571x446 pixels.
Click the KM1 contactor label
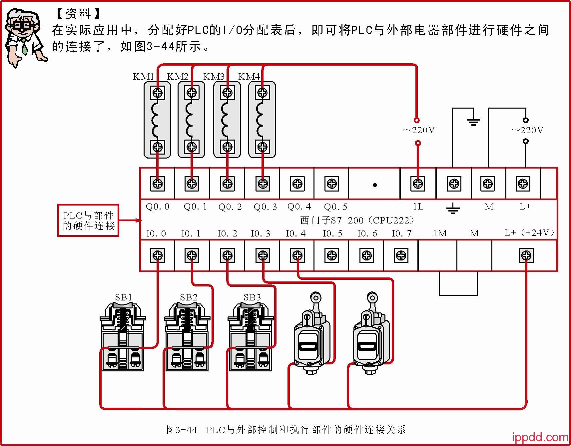pyautogui.click(x=143, y=77)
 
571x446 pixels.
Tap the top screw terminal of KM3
pyautogui.click(x=228, y=92)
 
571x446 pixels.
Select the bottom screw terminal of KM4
pyautogui.click(x=263, y=147)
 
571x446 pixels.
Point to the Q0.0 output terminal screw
pyautogui.click(x=158, y=184)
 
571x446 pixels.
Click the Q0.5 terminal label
pyautogui.click(x=335, y=207)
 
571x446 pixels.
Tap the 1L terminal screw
pyautogui.click(x=418, y=184)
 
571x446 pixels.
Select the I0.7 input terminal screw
pyautogui.click(x=401, y=255)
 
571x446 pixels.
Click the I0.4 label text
pyautogui.click(x=295, y=233)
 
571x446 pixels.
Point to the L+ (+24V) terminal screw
pyautogui.click(x=526, y=255)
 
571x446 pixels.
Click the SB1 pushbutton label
pyautogui.click(x=123, y=297)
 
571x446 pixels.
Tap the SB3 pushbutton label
pyautogui.click(x=252, y=297)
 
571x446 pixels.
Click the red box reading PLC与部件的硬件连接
pyautogui.click(x=88, y=221)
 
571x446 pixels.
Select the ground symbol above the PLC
pyautogui.click(x=473, y=121)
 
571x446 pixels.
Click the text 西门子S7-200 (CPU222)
pyautogui.click(x=357, y=220)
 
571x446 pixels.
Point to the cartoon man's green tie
pyautogui.click(x=24, y=47)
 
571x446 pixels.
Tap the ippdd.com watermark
pyautogui.click(x=540, y=437)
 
